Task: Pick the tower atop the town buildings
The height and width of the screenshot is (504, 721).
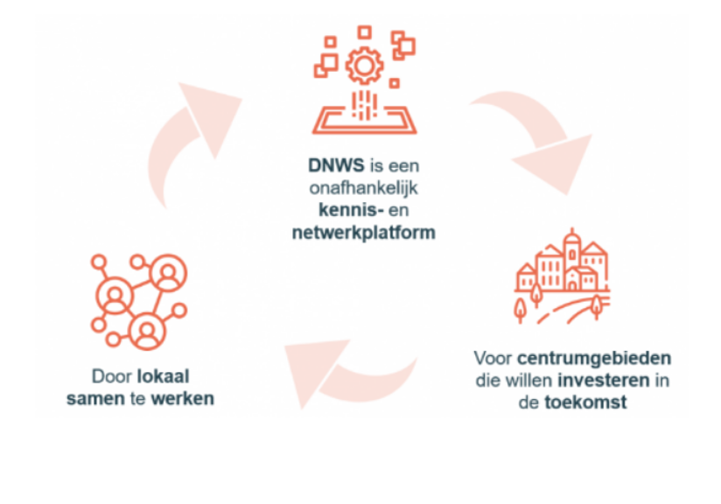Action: [x=572, y=245]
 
